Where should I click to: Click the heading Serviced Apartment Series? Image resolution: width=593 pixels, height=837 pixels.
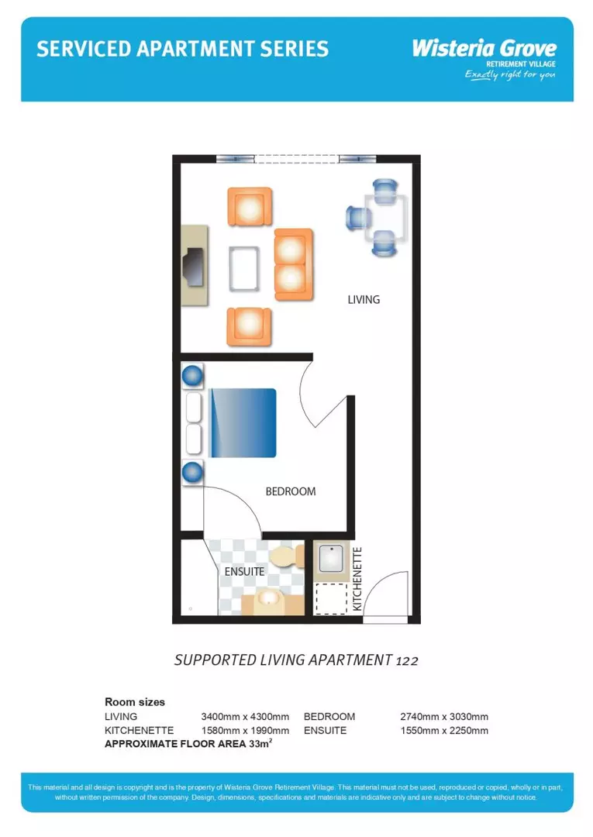(x=182, y=49)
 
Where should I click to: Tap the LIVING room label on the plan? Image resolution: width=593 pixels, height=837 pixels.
(x=364, y=299)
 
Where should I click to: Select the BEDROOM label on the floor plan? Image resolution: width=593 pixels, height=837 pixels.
(x=291, y=491)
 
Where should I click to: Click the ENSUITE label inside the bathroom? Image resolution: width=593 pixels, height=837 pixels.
(x=245, y=572)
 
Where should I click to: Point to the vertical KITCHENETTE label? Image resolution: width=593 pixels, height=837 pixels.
(x=357, y=580)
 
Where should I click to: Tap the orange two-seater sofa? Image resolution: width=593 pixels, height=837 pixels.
(x=292, y=264)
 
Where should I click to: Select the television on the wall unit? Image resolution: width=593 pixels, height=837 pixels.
(x=191, y=266)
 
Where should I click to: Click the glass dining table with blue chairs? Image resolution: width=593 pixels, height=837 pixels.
(x=387, y=217)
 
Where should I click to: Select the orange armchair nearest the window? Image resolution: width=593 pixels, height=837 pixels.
(x=250, y=207)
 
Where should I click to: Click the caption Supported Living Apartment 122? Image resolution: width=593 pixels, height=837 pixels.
(x=296, y=660)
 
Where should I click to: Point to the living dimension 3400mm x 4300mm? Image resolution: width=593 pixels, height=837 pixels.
(x=245, y=717)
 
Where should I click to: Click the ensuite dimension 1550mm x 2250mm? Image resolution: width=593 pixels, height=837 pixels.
(x=444, y=731)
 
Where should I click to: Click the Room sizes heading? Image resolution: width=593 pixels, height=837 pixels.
(x=135, y=702)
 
